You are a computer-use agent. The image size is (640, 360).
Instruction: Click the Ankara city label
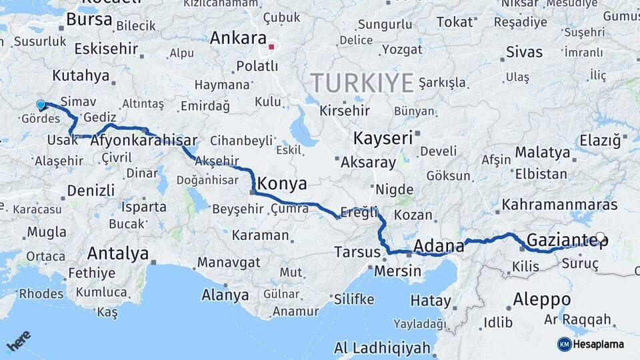[238, 38]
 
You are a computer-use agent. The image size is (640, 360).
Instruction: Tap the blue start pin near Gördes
[41, 105]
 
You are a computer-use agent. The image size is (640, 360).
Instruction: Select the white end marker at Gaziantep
[600, 237]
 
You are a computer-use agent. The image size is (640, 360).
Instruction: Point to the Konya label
[282, 183]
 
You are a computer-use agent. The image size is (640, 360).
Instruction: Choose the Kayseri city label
[383, 139]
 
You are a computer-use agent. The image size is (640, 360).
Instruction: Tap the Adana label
[439, 246]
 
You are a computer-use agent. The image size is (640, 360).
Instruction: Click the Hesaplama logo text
[599, 344]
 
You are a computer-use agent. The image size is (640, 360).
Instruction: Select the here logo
[19, 341]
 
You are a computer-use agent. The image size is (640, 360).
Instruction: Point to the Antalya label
[118, 253]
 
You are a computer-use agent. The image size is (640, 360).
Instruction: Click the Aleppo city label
[541, 299]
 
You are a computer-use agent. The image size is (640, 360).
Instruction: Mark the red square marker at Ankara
[271, 47]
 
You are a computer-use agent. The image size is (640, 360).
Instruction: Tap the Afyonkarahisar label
[143, 141]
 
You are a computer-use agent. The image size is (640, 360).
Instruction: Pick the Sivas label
[524, 51]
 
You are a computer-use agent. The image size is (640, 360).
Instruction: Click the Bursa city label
[89, 20]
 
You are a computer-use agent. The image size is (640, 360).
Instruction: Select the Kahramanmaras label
[560, 205]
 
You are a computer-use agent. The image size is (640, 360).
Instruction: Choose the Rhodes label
[41, 293]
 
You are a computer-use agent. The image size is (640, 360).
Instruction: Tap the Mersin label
[397, 271]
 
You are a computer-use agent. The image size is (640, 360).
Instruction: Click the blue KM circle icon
[564, 344]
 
